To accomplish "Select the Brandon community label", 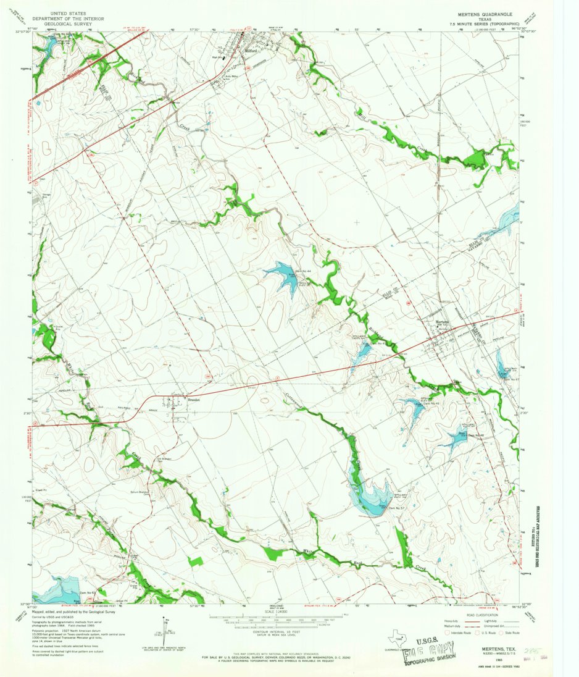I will [x=178, y=399].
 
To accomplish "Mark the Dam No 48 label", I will [x=475, y=434].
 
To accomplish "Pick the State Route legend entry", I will [x=508, y=633].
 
